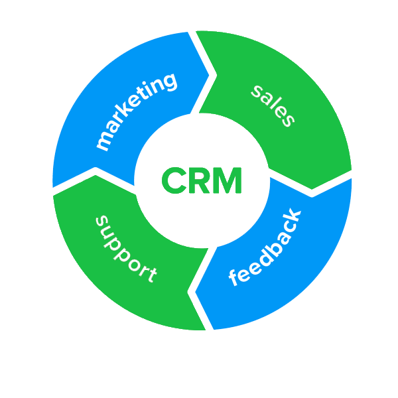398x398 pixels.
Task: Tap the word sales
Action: click(x=272, y=105)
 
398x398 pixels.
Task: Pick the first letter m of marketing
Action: click(x=103, y=143)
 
